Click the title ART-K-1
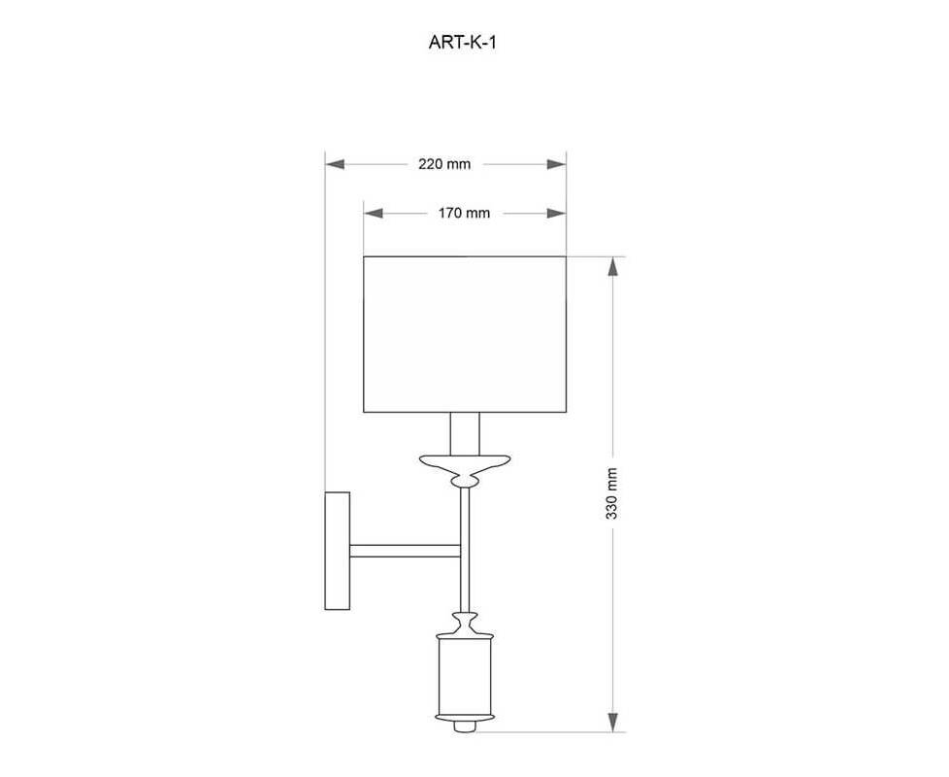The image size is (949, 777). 463,43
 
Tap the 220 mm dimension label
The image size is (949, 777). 444,164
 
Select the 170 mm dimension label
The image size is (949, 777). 464,213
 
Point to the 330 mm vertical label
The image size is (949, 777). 612,493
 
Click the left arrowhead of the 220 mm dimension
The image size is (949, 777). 335,164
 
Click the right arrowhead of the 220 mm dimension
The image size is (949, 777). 556,164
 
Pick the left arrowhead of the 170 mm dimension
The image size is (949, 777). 374,213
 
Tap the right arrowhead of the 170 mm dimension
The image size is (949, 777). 556,213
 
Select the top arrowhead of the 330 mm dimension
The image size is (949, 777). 613,266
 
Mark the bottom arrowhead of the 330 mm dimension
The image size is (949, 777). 613,722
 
